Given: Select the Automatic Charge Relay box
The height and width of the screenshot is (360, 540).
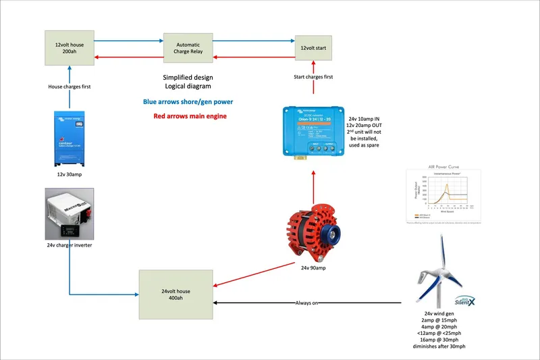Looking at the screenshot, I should [x=188, y=49].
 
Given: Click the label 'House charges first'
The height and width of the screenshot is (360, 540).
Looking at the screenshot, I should [x=70, y=86].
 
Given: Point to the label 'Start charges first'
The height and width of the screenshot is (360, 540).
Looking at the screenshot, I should [x=314, y=77].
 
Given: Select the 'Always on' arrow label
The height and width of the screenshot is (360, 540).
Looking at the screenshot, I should [x=307, y=303].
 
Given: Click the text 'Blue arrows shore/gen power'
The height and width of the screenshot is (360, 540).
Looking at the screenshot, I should [x=188, y=102].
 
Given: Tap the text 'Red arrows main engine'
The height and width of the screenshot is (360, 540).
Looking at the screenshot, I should [x=188, y=117].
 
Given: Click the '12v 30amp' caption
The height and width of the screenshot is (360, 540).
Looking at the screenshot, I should [x=70, y=174].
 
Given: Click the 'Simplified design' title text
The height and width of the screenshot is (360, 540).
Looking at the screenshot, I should [x=188, y=78].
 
